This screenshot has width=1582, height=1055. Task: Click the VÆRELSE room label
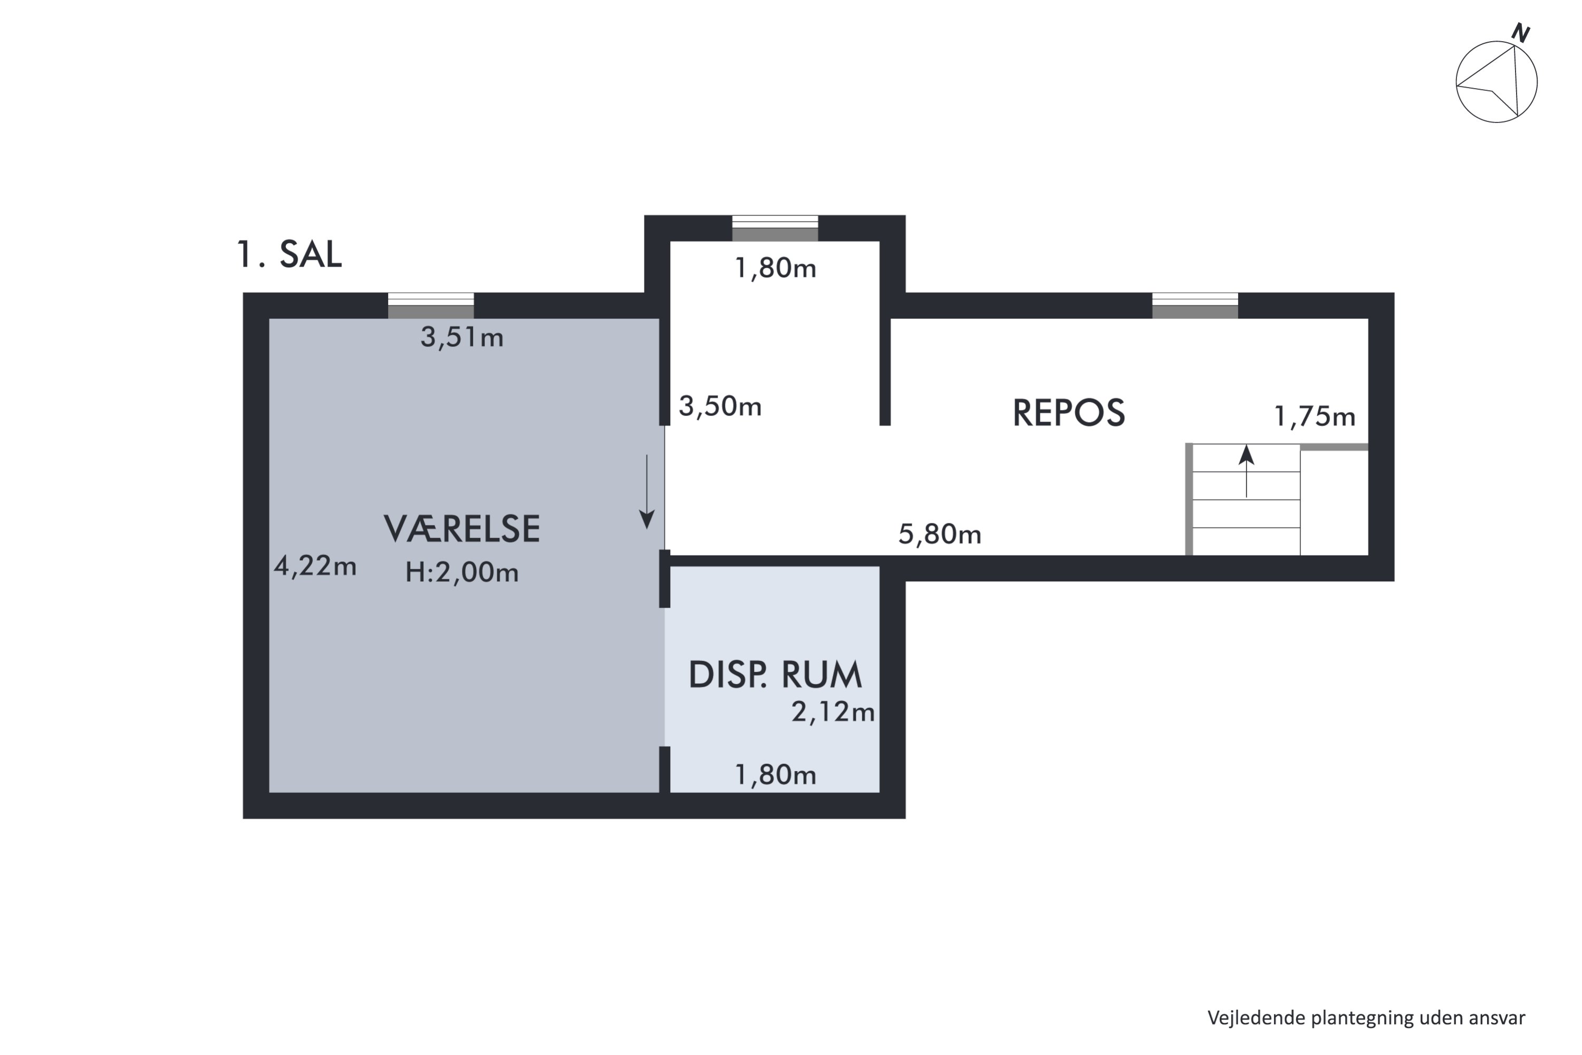(x=461, y=529)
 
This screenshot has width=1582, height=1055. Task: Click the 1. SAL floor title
(x=289, y=255)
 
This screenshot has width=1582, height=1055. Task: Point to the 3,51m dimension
(x=461, y=337)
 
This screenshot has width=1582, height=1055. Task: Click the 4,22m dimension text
(x=315, y=567)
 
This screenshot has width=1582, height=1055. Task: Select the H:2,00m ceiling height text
(x=461, y=572)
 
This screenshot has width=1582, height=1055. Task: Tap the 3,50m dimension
(x=720, y=406)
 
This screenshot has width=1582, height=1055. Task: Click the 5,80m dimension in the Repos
(x=940, y=534)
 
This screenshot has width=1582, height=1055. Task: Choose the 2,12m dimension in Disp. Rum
(x=833, y=712)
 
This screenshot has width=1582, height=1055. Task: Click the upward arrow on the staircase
(x=1247, y=471)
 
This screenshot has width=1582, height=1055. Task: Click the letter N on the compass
(x=1520, y=33)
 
